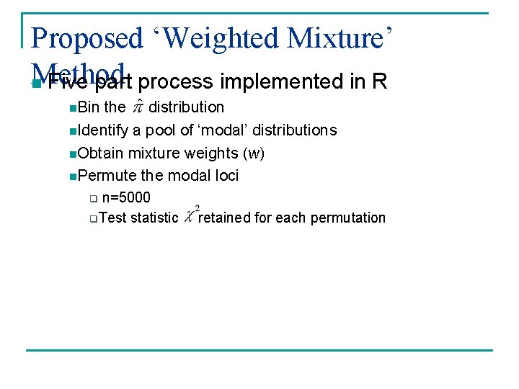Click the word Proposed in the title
(88, 38)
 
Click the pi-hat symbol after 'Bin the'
(136, 108)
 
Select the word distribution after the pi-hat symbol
(186, 107)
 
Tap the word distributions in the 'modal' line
(292, 130)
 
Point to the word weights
(213, 153)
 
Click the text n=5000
(126, 197)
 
